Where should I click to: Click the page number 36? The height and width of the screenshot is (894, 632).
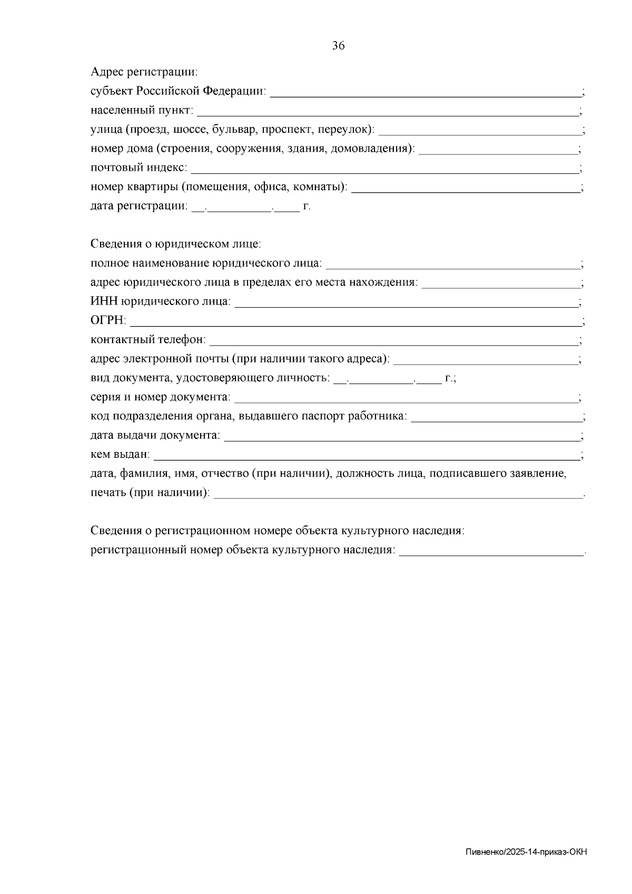(x=339, y=46)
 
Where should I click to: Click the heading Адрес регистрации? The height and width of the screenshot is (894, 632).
(x=144, y=71)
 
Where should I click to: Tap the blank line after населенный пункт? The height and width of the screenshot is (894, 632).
(x=387, y=111)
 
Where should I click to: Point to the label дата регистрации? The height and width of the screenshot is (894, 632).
(x=139, y=207)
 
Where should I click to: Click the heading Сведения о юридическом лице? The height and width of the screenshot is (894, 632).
(x=175, y=244)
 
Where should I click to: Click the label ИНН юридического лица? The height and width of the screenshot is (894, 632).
(x=160, y=301)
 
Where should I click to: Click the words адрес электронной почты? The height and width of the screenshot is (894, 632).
(x=159, y=359)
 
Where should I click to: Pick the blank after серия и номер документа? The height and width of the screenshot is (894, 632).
(x=406, y=397)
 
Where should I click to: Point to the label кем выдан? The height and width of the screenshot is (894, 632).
(x=120, y=455)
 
